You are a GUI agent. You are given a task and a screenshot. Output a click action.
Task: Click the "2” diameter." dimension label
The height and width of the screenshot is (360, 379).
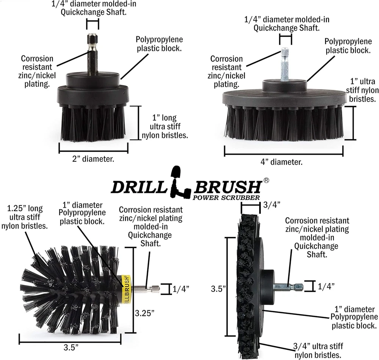[x=93, y=159]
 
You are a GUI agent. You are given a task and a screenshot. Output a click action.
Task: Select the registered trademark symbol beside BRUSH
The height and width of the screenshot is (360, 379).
[x=266, y=181]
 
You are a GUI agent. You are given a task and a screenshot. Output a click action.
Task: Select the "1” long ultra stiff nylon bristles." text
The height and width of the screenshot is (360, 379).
[x=164, y=127]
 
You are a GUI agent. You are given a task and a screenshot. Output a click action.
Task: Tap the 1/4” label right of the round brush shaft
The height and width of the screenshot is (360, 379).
[x=181, y=289]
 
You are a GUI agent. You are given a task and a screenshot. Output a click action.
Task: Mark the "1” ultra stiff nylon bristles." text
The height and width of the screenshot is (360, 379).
[x=362, y=90]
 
